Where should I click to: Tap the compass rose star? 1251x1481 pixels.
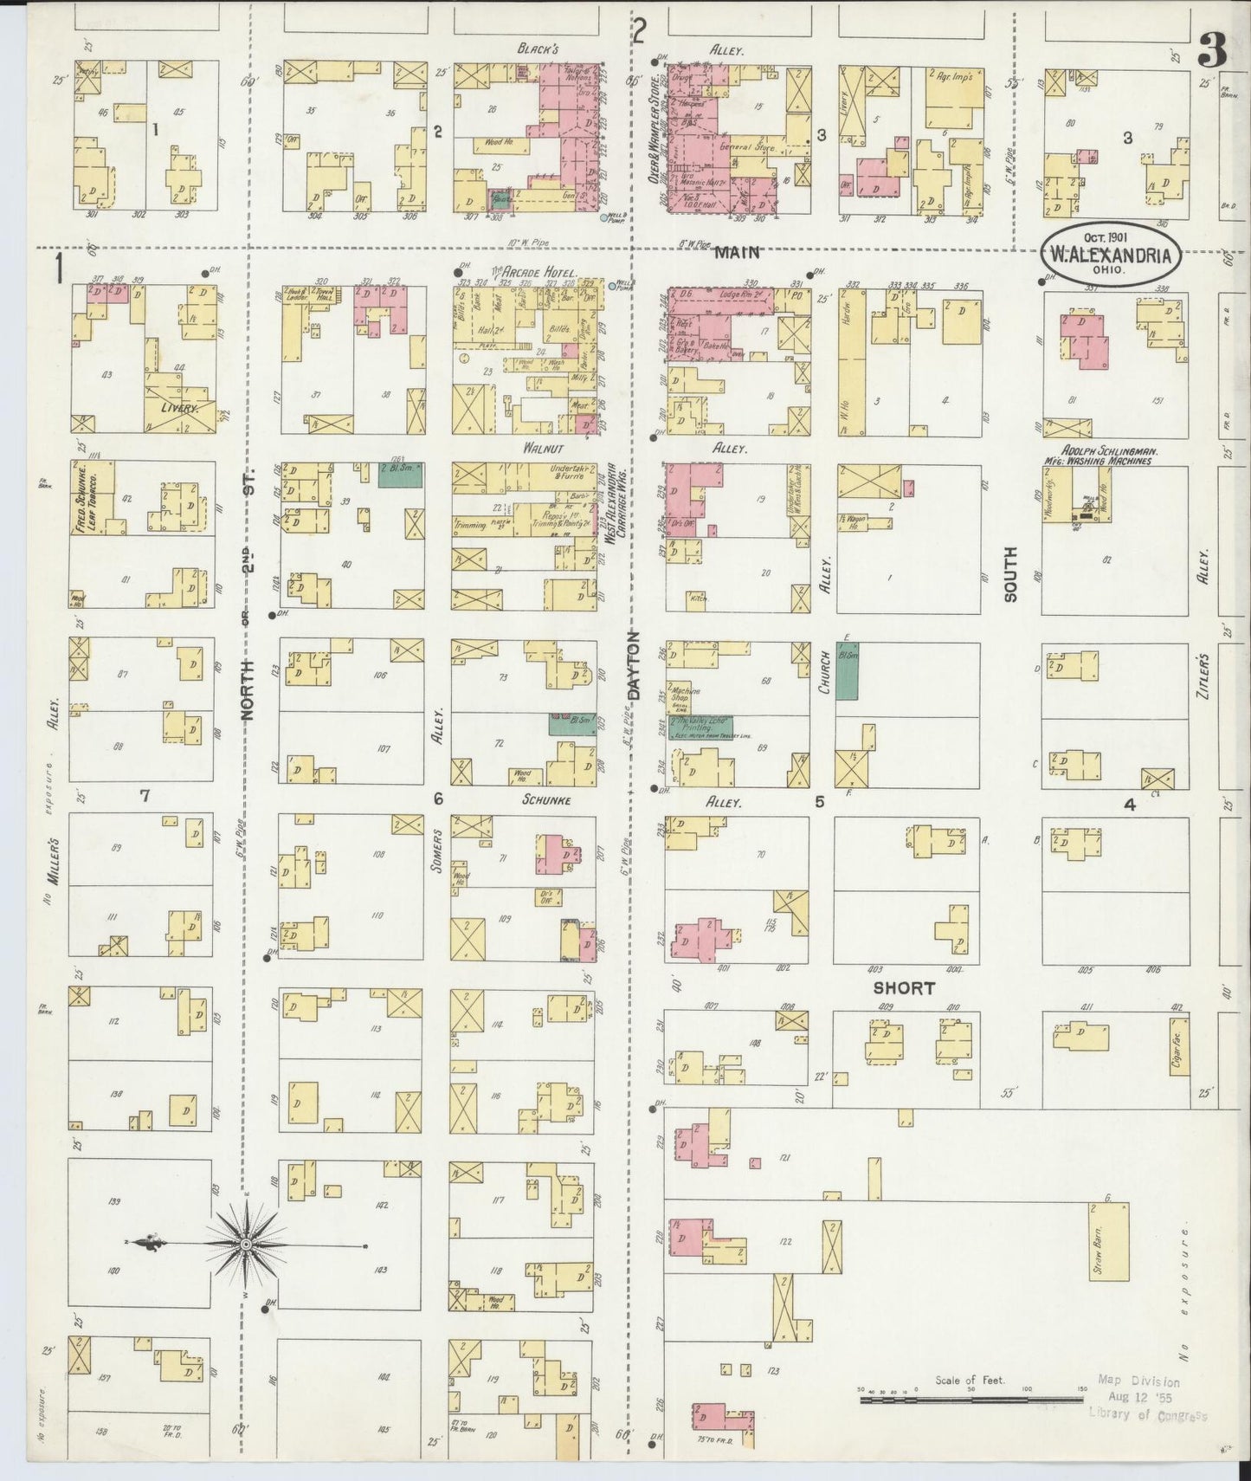pos(247,1245)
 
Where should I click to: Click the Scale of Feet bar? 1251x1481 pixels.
pos(970,1398)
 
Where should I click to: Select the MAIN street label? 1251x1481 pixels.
pos(737,252)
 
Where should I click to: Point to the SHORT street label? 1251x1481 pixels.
pos(903,987)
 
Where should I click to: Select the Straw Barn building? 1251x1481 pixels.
pos(1108,1241)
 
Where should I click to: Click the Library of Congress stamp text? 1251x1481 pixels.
pos(1147,1415)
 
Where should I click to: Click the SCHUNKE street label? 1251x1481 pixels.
pos(545,800)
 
